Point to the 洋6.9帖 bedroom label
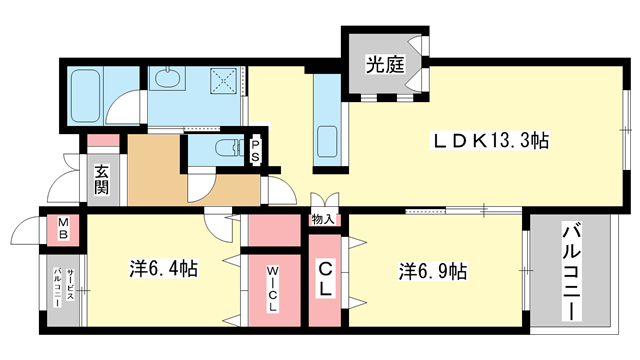(x=433, y=270)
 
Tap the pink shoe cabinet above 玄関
(x=102, y=143)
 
